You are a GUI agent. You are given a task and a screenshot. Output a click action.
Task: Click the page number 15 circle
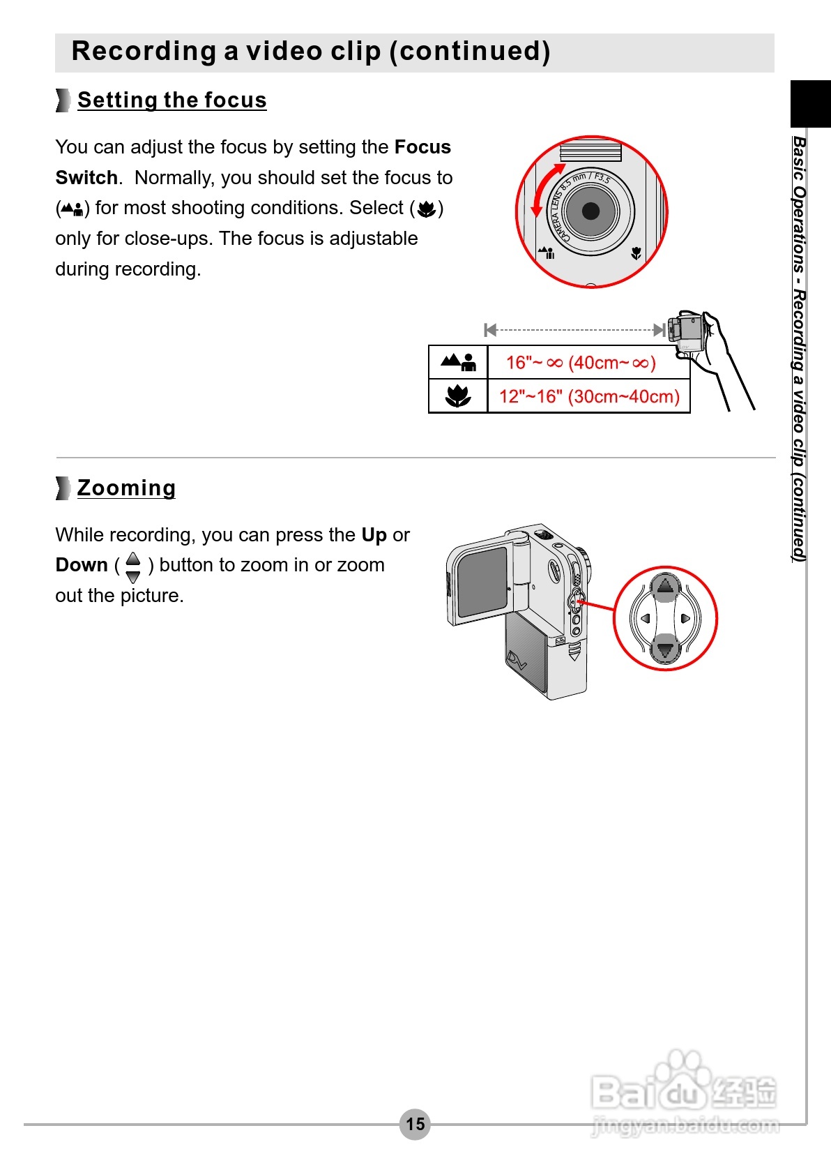pyautogui.click(x=415, y=1124)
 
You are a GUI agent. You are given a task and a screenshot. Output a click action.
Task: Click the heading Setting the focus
pyautogui.click(x=171, y=100)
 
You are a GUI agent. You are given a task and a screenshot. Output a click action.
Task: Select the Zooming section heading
pyautogui.click(x=126, y=488)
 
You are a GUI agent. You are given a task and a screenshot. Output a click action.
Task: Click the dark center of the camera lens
pyautogui.click(x=590, y=211)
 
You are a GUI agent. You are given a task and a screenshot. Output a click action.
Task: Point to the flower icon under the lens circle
pyautogui.click(x=636, y=253)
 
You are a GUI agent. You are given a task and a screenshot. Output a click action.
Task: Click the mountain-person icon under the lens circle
pyautogui.click(x=547, y=252)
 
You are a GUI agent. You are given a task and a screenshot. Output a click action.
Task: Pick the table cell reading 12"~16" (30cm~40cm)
pyautogui.click(x=588, y=396)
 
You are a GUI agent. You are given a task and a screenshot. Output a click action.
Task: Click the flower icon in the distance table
pyautogui.click(x=458, y=396)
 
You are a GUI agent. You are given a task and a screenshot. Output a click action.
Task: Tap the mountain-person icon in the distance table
pyautogui.click(x=458, y=362)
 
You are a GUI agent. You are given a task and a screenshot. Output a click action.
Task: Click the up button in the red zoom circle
pyautogui.click(x=665, y=587)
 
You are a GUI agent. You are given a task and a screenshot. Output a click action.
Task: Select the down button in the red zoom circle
pyautogui.click(x=665, y=649)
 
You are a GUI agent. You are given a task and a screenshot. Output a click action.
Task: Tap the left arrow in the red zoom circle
pyautogui.click(x=645, y=618)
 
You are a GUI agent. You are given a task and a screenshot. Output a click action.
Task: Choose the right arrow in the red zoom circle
pyautogui.click(x=686, y=618)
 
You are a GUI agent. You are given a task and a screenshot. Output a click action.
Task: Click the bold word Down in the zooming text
pyautogui.click(x=82, y=565)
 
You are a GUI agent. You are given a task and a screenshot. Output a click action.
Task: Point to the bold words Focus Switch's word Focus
pyautogui.click(x=422, y=147)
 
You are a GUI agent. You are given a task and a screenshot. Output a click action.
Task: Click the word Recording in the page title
pyautogui.click(x=144, y=52)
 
